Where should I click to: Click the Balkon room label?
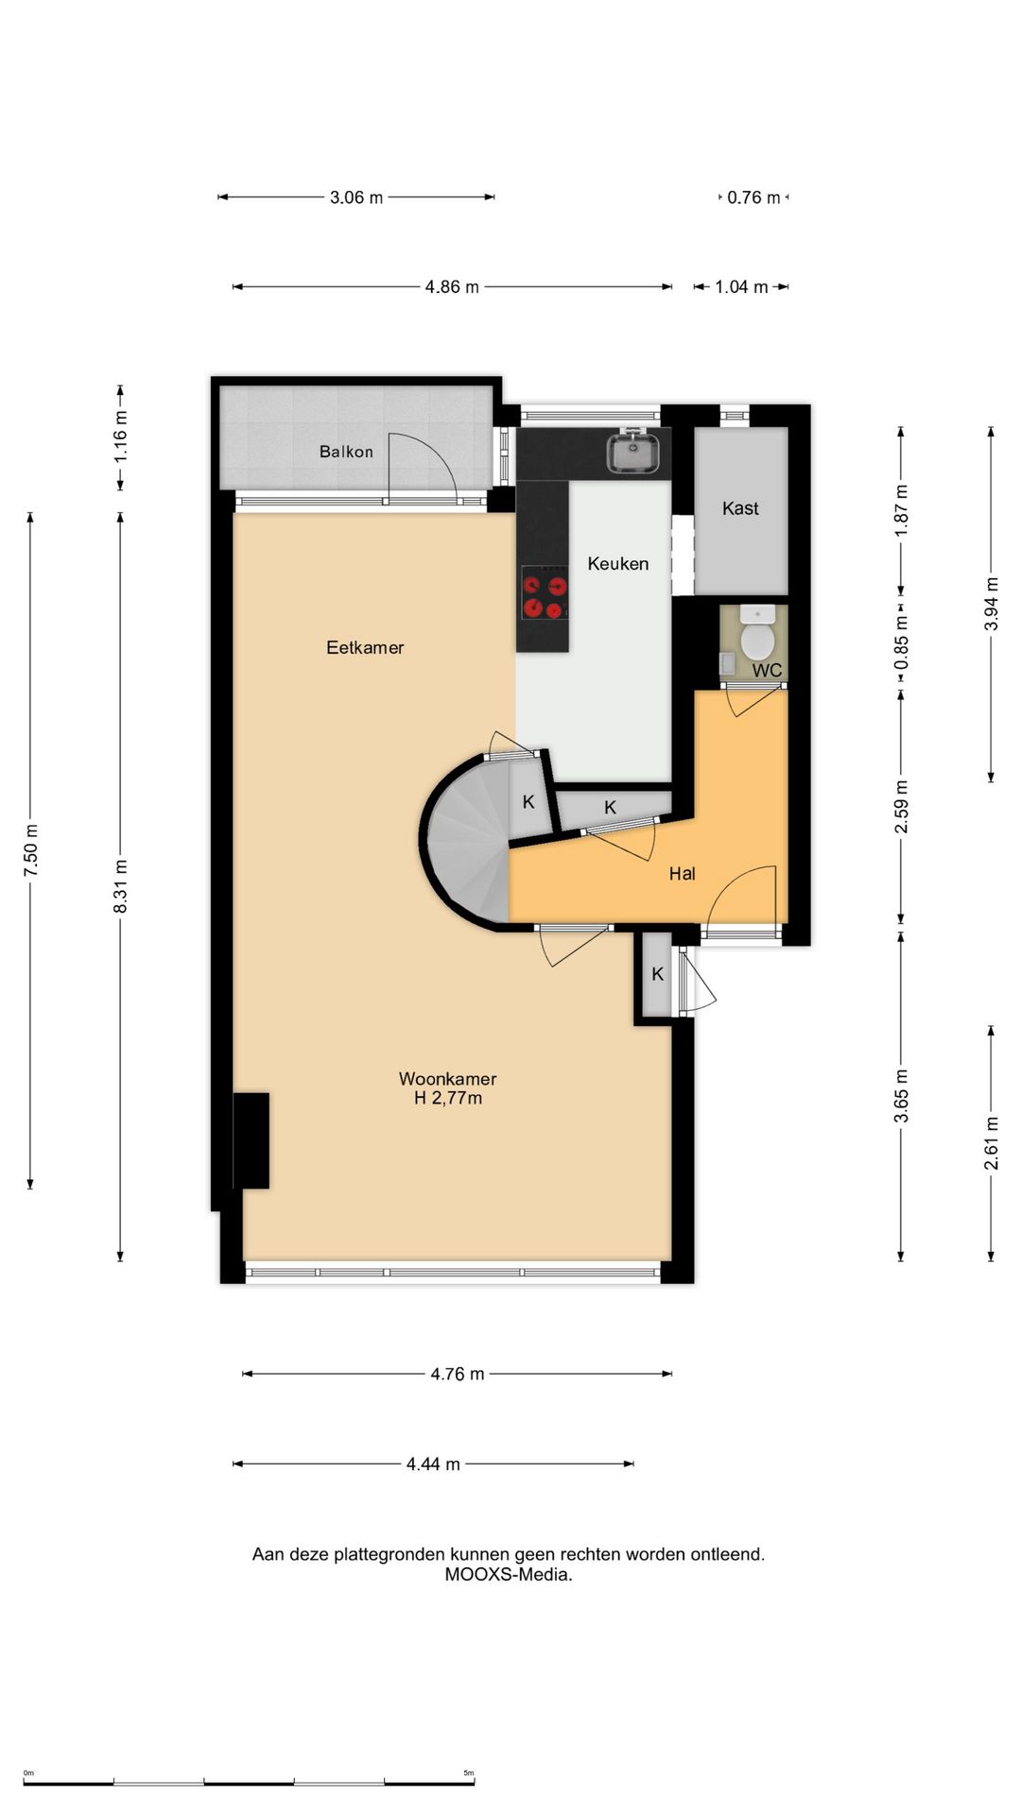pos(346,452)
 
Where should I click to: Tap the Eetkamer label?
pos(365,647)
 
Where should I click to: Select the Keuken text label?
pos(618,564)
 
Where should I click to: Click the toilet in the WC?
pos(757,633)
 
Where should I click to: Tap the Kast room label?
pos(740,508)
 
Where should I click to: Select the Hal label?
pos(682,874)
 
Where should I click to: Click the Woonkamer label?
pos(448,1078)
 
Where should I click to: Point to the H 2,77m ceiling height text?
pos(448,1098)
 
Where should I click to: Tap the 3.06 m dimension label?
pos(356,197)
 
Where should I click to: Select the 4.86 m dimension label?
pos(452,286)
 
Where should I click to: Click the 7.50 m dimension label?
pos(31,849)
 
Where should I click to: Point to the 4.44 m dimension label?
pos(433,1463)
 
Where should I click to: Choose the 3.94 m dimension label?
pos(991,604)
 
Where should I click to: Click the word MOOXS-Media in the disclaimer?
pos(509,1575)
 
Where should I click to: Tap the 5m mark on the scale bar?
pos(469,1773)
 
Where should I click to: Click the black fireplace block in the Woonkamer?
pos(251,1140)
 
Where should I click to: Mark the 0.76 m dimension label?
pos(753,197)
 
